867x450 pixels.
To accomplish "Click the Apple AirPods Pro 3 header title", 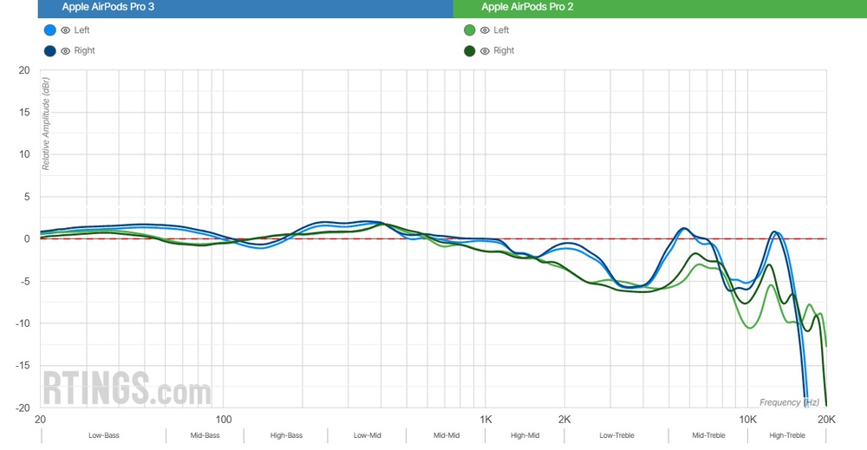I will [103, 7].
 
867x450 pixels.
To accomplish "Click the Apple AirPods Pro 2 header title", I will [527, 7].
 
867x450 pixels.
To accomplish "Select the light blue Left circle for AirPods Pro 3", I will [49, 30].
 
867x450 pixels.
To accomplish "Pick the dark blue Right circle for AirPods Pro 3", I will [49, 51].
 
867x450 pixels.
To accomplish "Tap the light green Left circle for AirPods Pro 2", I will [469, 30].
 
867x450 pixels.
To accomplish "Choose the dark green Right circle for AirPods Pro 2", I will [469, 51].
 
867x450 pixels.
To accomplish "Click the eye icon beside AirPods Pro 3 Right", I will [65, 51].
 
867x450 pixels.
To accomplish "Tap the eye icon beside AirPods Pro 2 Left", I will [485, 30].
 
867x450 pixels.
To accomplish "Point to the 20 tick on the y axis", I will [24, 70].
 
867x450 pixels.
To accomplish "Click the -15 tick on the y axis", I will [23, 366].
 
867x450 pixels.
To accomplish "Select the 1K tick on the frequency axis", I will [486, 419].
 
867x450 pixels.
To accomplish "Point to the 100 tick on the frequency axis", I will [224, 419].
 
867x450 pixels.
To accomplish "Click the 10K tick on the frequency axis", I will [747, 419].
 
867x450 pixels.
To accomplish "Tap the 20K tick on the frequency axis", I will [826, 419].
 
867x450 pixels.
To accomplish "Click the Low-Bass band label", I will [103, 435].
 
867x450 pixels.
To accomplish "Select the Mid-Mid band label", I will [446, 435].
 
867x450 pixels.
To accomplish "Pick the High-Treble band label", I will [787, 435].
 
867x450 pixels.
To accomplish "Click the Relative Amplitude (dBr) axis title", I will [46, 123].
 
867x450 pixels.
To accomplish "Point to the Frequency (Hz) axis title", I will [789, 402].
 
